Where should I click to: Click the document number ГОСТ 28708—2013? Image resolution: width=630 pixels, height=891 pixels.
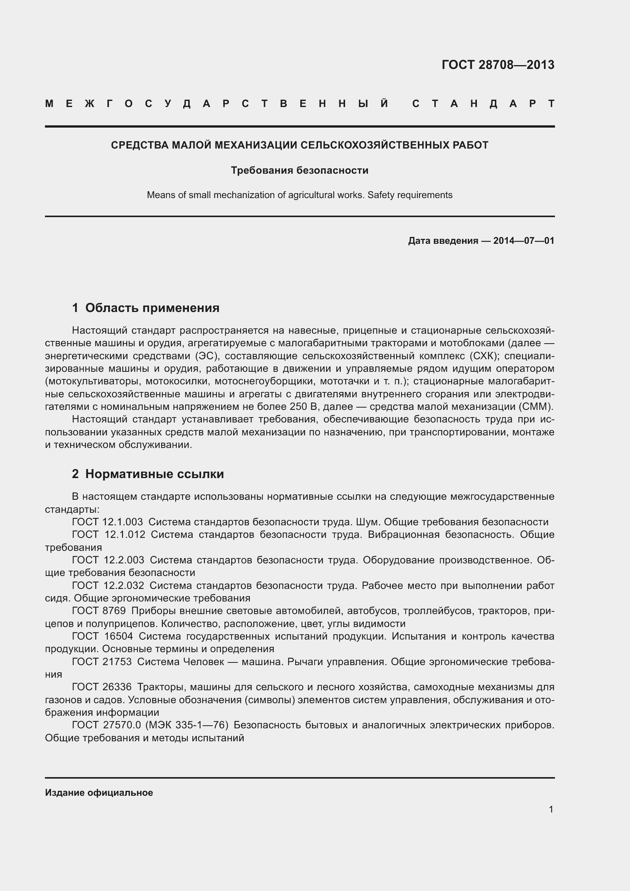[498, 65]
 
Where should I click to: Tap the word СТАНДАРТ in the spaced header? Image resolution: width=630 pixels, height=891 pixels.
[483, 104]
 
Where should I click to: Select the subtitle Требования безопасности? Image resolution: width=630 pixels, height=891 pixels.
[299, 170]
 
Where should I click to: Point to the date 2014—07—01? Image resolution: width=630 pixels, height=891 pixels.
[523, 241]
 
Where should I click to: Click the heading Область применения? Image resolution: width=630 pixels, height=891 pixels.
[152, 308]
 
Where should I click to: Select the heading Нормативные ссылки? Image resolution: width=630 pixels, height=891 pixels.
[154, 474]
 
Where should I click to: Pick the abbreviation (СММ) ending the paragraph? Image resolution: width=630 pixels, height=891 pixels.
[536, 407]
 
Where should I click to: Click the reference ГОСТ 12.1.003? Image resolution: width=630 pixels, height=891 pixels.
[107, 522]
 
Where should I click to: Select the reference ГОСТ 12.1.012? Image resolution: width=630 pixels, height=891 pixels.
[108, 535]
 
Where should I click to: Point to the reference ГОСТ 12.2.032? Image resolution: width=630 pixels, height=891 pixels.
[108, 585]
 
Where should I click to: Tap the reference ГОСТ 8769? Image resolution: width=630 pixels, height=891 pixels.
[99, 611]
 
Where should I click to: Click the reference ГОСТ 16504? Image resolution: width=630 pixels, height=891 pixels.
[102, 637]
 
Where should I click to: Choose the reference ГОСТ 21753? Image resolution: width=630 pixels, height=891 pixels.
[102, 662]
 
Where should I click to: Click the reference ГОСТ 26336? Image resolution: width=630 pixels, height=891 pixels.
[102, 687]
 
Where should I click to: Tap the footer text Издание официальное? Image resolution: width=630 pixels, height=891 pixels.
[99, 793]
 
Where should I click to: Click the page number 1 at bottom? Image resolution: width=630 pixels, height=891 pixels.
[551, 809]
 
